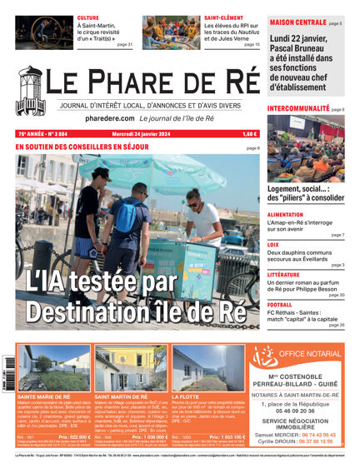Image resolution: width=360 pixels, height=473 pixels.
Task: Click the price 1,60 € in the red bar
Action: point(250,133)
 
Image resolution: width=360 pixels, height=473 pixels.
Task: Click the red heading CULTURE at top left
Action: point(87,17)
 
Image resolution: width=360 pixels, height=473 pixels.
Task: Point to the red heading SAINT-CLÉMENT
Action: point(223,17)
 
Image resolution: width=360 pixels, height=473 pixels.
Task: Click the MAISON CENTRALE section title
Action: point(297,22)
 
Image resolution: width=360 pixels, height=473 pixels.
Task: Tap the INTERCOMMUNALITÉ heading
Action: point(297,109)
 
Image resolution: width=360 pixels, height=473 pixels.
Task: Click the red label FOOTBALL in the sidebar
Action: point(280,305)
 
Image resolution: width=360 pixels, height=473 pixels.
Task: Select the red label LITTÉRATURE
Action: point(283,274)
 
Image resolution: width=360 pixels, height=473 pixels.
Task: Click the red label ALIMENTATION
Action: point(285,214)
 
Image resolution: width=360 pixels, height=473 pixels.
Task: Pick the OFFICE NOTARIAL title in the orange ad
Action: point(309,354)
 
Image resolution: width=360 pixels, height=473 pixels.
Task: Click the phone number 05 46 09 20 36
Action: point(298,410)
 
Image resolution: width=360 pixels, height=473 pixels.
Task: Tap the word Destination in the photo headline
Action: point(80,314)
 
